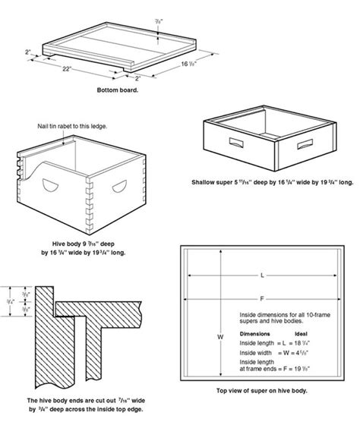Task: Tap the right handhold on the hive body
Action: [x=120, y=185]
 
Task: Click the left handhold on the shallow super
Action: [x=233, y=141]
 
